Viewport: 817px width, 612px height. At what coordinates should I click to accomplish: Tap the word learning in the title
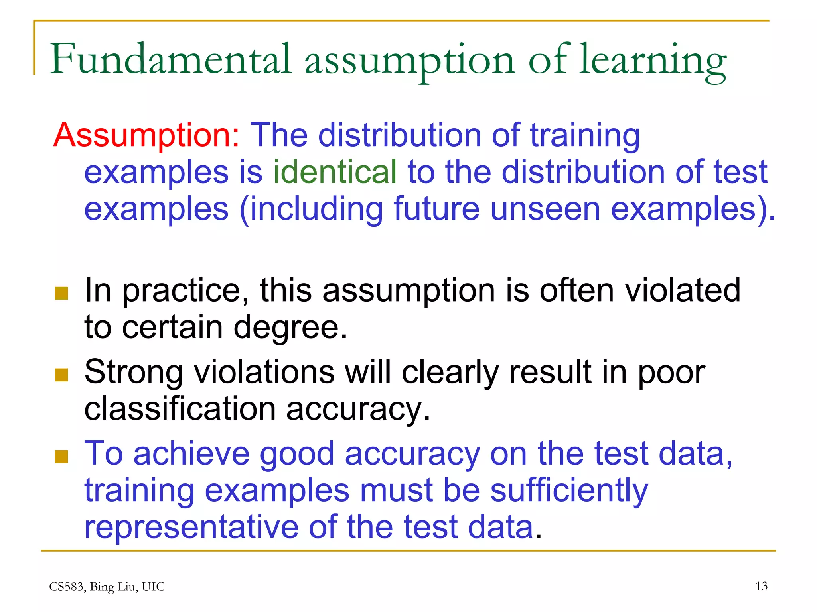[x=653, y=61]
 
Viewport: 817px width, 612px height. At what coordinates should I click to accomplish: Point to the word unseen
[x=545, y=209]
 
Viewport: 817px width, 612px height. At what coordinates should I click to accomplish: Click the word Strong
[x=134, y=372]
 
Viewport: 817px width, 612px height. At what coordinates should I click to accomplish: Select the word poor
[x=671, y=373]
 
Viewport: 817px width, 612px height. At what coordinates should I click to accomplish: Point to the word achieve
[x=191, y=454]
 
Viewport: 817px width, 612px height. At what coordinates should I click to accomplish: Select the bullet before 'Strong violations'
[x=61, y=375]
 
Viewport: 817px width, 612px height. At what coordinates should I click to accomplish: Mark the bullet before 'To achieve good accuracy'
[x=61, y=457]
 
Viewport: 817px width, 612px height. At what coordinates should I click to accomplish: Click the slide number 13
[x=761, y=586]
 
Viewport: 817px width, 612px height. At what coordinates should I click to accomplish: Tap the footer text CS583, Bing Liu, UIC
[x=107, y=586]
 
